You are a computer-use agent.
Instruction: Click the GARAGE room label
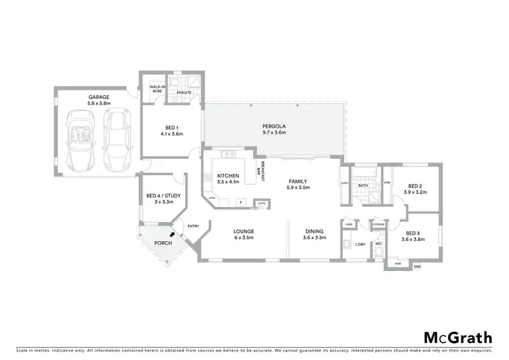pyautogui.click(x=99, y=98)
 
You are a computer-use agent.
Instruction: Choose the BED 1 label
pyautogui.click(x=172, y=128)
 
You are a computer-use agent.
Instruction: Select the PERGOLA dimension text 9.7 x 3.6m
pyautogui.click(x=274, y=133)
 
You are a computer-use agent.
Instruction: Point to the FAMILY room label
pyautogui.click(x=298, y=181)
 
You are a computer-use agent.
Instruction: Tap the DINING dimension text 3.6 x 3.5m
pyautogui.click(x=313, y=238)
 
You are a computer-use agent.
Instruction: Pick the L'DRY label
pyautogui.click(x=360, y=245)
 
